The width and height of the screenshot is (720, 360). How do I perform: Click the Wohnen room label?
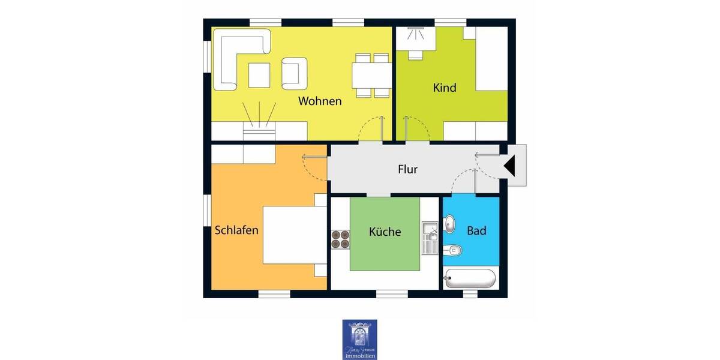pos(320,101)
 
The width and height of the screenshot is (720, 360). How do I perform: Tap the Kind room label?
pos(445,88)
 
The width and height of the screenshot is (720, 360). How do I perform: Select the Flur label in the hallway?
pos(407,169)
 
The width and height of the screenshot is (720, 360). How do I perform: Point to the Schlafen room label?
pos(236,230)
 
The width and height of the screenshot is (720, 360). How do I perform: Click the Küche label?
pos(385,232)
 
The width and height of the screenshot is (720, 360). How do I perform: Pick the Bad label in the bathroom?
pos(476,230)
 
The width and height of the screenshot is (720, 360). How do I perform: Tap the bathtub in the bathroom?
pos(470,278)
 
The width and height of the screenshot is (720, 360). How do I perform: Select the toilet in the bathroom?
pos(455,249)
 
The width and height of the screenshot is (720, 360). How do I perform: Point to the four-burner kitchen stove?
pos(340,239)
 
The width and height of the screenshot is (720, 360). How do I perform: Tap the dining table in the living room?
pos(372,75)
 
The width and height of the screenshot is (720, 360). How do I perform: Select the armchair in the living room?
pos(294,73)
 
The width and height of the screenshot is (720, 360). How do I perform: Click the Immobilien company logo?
pos(359,339)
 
